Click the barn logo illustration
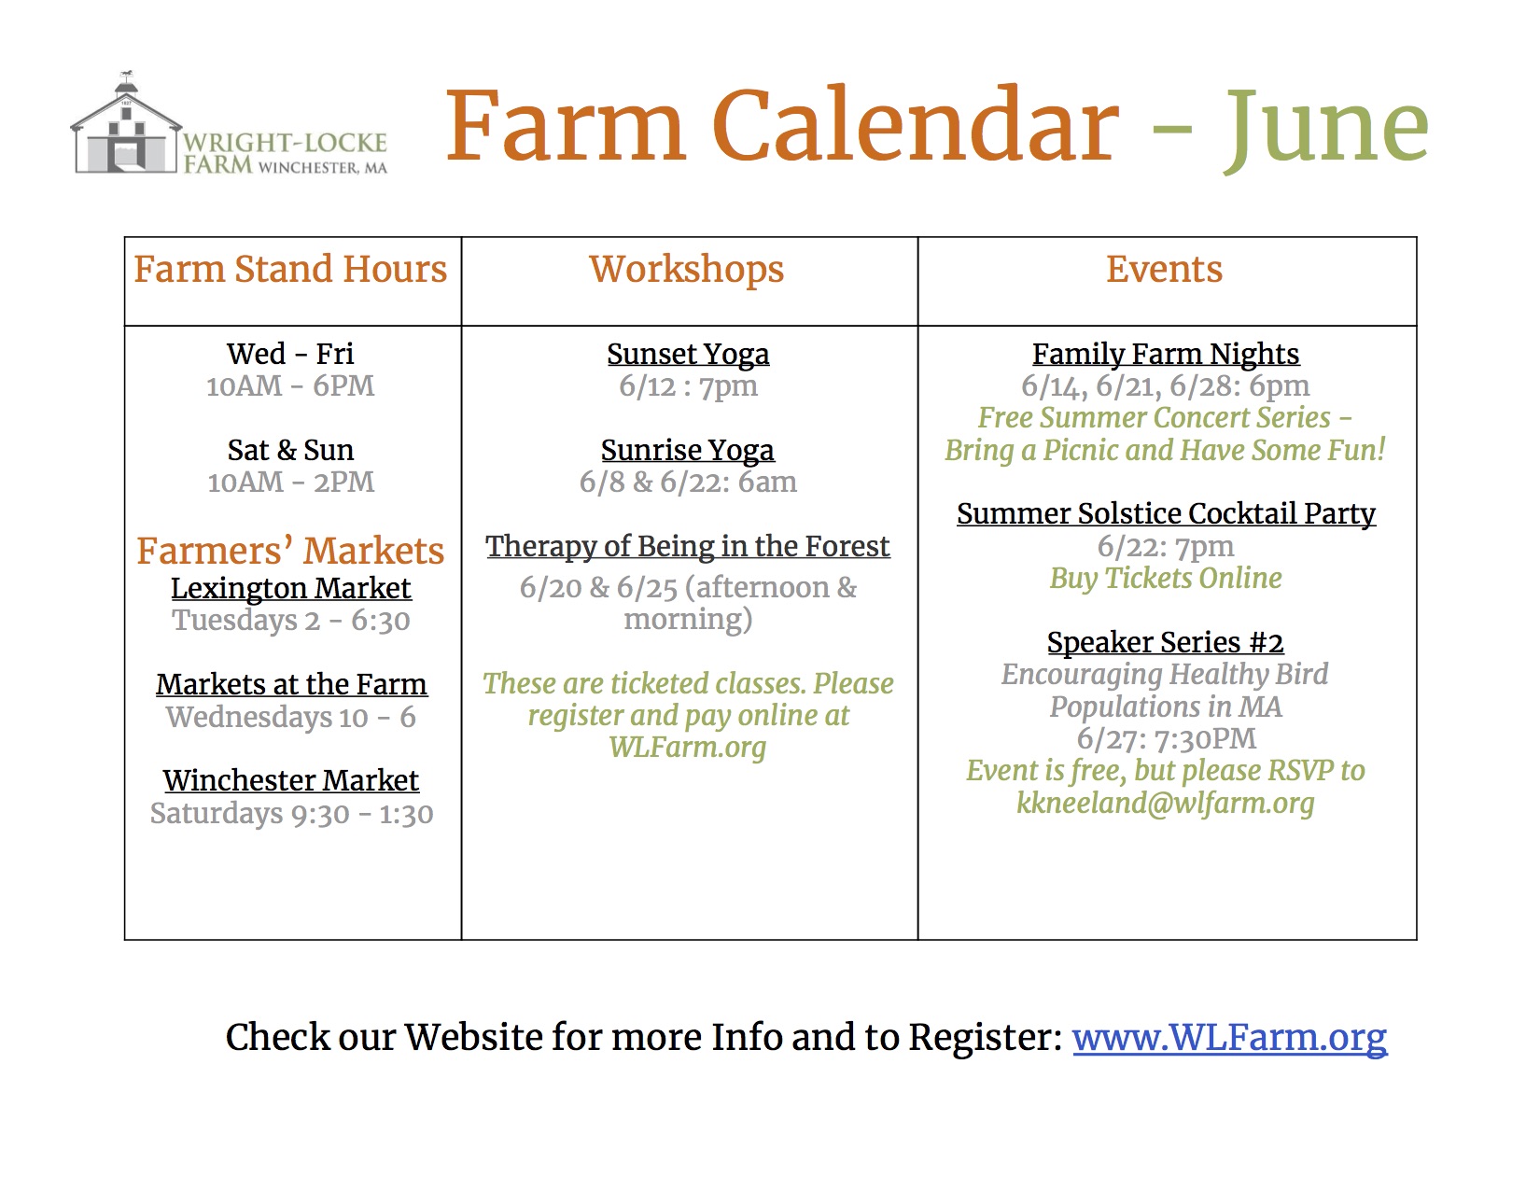click(x=125, y=123)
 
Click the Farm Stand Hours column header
click(x=290, y=270)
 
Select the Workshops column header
click(x=687, y=271)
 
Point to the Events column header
click(x=1165, y=270)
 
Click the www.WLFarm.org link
click(x=1229, y=1038)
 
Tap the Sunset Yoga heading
click(x=688, y=355)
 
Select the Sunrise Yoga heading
click(x=688, y=450)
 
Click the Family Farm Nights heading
click(x=1166, y=355)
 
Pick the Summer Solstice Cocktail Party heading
click(x=1166, y=514)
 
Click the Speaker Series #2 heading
click(x=1166, y=642)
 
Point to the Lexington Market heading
click(x=290, y=588)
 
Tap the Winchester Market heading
click(x=290, y=780)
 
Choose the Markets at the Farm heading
click(x=291, y=684)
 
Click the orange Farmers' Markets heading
click(x=290, y=551)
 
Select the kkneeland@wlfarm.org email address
click(x=1166, y=803)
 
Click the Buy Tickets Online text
click(x=1166, y=579)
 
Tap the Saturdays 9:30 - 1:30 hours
click(x=291, y=814)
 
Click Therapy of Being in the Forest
click(x=688, y=546)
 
